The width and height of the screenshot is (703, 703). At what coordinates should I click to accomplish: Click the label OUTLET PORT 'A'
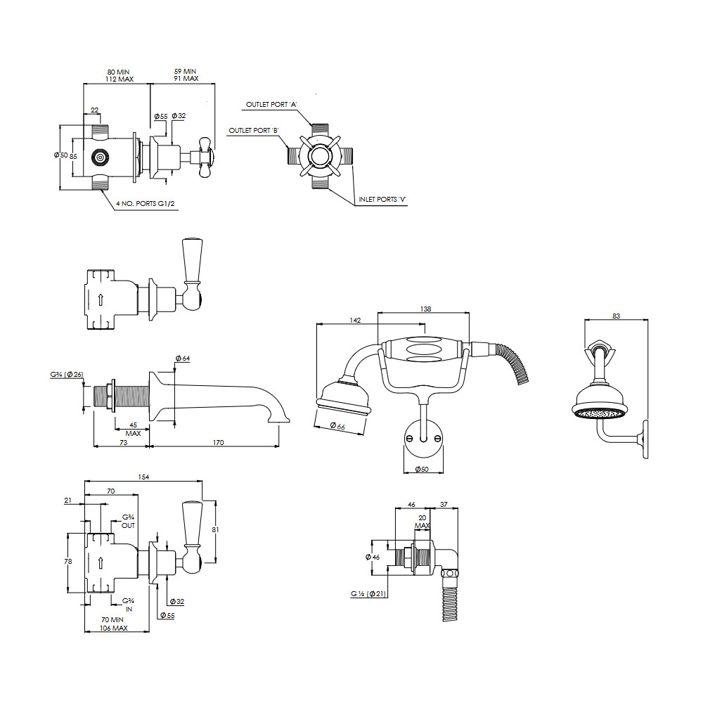coord(271,105)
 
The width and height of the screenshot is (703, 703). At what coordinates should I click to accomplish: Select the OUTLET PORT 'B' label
coord(254,131)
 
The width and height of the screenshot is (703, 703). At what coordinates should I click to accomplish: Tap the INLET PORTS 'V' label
coord(382,200)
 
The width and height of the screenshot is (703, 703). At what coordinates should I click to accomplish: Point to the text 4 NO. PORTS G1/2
coord(146,204)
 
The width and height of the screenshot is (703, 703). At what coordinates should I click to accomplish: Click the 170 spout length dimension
coord(219,442)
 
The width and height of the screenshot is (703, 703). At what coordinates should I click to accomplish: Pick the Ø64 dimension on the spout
coord(183,359)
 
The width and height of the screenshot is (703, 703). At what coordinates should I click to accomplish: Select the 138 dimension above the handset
coord(425,309)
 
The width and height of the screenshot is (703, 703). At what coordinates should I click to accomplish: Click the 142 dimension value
coord(355,320)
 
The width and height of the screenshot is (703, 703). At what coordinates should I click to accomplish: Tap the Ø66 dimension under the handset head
coord(337,426)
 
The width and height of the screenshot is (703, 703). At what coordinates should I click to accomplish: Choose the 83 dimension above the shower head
coord(616,316)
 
